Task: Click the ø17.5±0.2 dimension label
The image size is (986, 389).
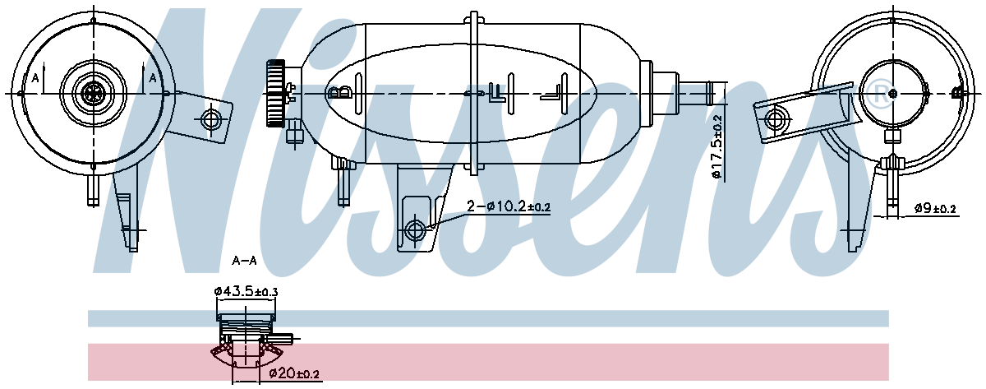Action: click(716, 146)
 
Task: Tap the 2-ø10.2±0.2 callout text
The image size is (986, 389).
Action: click(508, 206)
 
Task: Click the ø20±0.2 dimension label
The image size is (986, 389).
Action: click(294, 375)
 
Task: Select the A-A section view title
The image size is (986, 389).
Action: click(244, 261)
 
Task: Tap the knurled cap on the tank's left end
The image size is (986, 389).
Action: click(274, 93)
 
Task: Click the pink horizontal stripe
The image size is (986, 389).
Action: click(575, 362)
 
